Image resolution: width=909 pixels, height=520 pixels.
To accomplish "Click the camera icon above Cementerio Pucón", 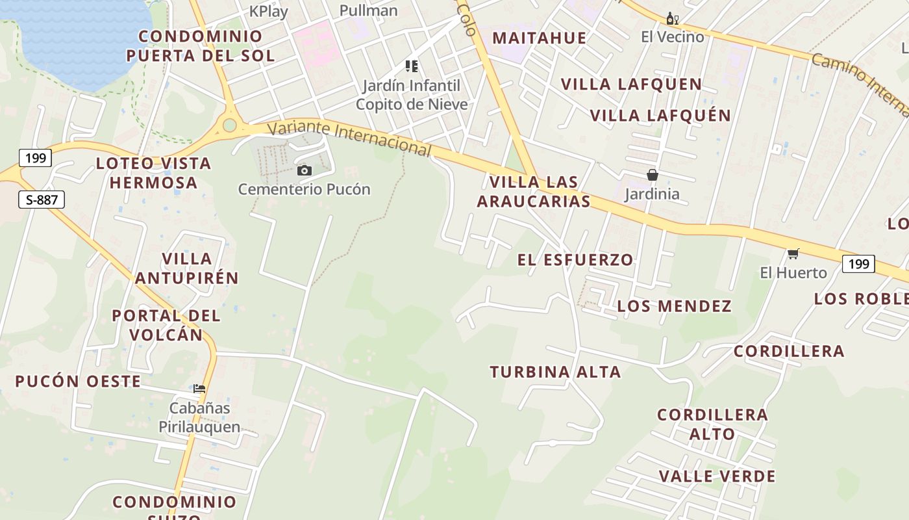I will [x=304, y=171].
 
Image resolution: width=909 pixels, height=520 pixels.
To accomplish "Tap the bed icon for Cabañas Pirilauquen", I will [x=199, y=389].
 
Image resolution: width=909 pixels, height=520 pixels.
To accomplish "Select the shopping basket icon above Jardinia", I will [x=653, y=175].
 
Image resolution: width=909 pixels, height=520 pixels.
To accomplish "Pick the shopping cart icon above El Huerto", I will [x=793, y=253].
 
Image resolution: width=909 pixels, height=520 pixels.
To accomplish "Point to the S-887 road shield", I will [x=42, y=200].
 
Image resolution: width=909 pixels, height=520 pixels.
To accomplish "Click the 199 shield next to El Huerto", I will [x=858, y=264].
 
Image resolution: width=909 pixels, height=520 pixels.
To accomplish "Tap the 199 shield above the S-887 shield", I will [x=35, y=157].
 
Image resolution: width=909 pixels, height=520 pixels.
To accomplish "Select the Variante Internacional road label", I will [x=349, y=138].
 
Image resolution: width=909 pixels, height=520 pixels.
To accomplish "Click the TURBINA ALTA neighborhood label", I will [x=555, y=372].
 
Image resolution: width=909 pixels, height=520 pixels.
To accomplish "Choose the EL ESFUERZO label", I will [x=575, y=260].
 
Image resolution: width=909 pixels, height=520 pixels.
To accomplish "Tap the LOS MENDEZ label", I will [x=674, y=306].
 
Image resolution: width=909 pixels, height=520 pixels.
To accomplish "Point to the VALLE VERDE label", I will [x=717, y=476].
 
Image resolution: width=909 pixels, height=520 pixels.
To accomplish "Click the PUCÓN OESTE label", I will [x=78, y=382].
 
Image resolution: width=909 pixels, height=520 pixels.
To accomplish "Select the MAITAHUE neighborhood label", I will [x=539, y=38].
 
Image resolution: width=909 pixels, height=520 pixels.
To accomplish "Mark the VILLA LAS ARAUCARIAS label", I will [x=534, y=192].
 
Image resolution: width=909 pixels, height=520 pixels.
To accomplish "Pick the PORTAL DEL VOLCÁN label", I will [x=166, y=325].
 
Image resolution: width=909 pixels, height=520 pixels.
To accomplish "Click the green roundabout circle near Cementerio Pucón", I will [x=229, y=125].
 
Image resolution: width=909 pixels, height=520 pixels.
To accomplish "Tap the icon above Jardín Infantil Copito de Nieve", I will [x=411, y=66].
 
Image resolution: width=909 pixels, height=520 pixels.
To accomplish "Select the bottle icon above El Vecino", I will [x=672, y=18].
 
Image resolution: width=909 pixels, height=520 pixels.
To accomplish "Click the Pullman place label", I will [x=369, y=10].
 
